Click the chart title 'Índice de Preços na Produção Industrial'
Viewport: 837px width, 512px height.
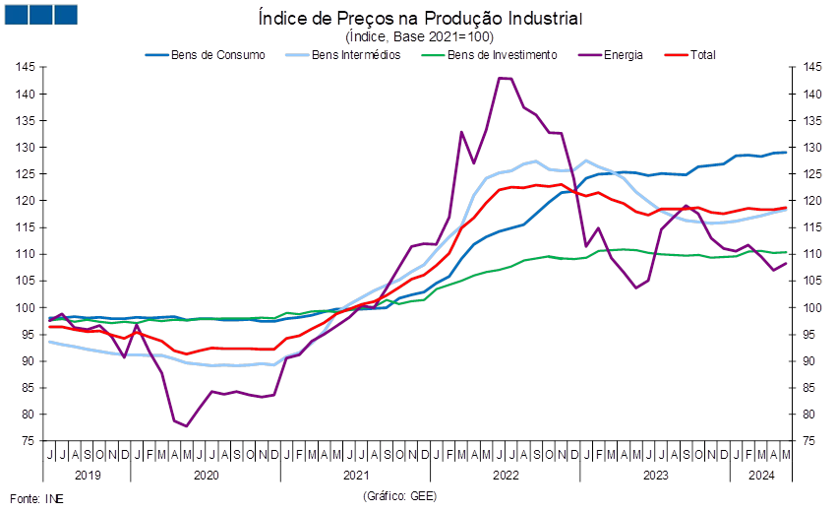(420, 18)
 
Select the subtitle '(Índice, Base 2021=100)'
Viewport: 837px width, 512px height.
(420, 36)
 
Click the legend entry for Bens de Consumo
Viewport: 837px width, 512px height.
(206, 55)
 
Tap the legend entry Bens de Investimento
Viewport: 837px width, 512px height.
(489, 55)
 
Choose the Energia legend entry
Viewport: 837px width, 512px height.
(611, 55)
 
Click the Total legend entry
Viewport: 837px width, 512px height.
(690, 55)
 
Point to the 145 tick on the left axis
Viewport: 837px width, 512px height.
(26, 67)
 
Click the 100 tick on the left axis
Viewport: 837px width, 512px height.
(26, 308)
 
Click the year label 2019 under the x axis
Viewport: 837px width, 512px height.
(88, 476)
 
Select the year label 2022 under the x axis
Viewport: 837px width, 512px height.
(506, 476)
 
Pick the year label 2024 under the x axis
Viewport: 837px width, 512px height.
(761, 476)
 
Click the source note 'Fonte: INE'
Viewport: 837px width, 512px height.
(36, 499)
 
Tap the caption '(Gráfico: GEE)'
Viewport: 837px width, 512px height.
(400, 496)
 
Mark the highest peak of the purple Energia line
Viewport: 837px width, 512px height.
(499, 78)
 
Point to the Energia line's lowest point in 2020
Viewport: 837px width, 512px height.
(186, 426)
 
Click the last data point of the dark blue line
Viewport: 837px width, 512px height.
(786, 153)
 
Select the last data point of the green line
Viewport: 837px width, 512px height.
(786, 252)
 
